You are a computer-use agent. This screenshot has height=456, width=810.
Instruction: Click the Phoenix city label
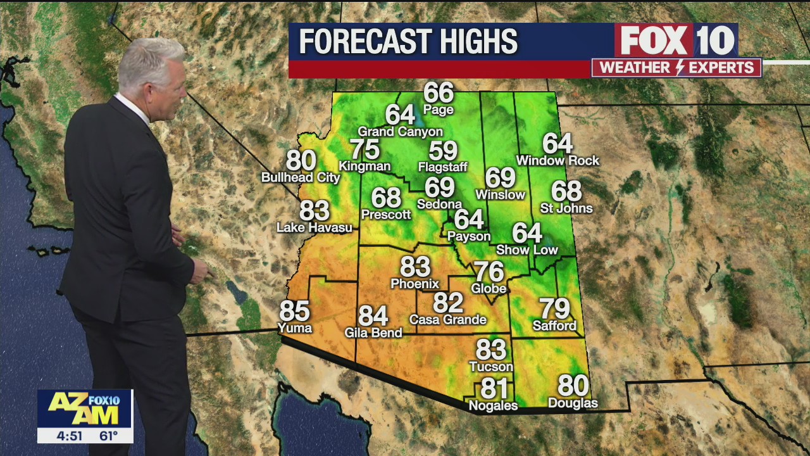(x=414, y=284)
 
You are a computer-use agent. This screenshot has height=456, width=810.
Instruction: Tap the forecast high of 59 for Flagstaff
(x=443, y=151)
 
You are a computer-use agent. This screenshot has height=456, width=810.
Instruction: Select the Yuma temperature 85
(x=295, y=311)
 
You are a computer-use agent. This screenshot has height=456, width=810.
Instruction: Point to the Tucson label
(x=491, y=367)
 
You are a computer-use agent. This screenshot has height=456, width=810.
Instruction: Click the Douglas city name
(x=573, y=403)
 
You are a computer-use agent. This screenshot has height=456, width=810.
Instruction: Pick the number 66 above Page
(x=439, y=92)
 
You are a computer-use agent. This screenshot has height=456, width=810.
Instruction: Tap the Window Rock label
(x=558, y=161)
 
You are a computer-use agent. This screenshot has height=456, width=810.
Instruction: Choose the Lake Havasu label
(x=315, y=227)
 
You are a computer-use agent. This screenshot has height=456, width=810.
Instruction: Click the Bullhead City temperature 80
(x=301, y=160)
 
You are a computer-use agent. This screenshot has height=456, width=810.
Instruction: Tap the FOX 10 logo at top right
(x=676, y=41)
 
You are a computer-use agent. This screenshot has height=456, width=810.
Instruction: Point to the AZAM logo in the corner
(x=85, y=408)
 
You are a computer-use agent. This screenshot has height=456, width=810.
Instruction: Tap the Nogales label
(x=493, y=406)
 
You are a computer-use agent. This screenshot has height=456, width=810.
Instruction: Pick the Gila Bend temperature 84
(x=373, y=315)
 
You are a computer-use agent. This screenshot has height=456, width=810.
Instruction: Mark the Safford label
(x=555, y=326)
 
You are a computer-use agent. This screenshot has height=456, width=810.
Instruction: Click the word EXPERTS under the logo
(x=722, y=68)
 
